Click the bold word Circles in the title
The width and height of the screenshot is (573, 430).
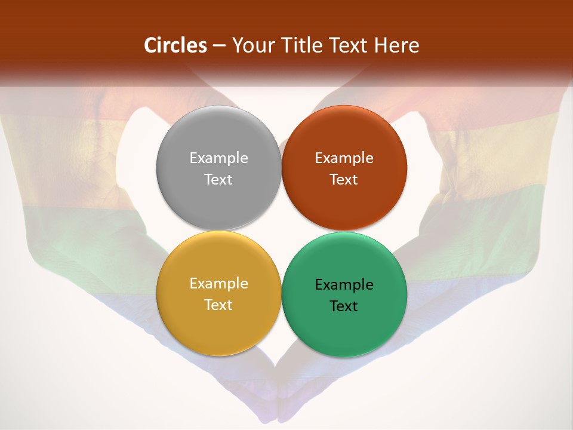[175, 45]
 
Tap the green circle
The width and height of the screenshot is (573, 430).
[344, 322]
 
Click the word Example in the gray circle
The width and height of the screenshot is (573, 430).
[218, 158]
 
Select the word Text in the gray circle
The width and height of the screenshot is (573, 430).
[218, 180]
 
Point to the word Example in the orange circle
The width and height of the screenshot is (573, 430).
[344, 158]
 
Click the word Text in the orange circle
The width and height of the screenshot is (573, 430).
[344, 180]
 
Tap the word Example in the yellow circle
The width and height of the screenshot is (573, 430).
[218, 284]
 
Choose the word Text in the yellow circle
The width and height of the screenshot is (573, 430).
[218, 305]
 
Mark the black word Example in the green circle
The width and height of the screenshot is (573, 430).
[344, 285]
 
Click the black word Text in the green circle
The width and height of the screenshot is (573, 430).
[344, 306]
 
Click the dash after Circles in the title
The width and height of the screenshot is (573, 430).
[219, 46]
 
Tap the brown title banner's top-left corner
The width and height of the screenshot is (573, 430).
[2, 2]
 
